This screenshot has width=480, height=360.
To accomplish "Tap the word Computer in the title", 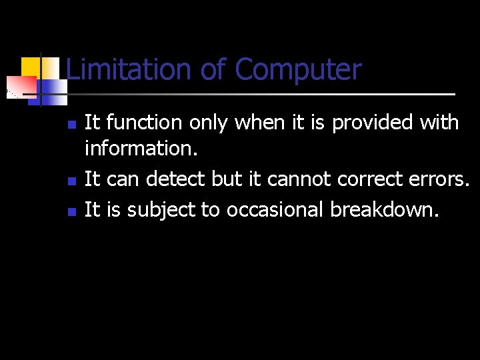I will click(298, 70).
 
